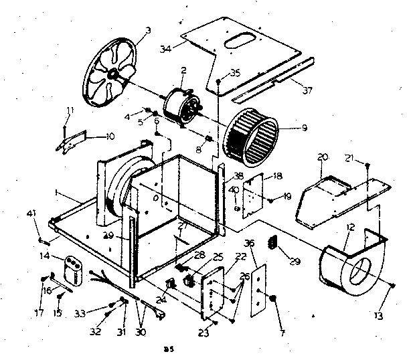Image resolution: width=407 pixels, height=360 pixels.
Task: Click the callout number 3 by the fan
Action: (x=148, y=30)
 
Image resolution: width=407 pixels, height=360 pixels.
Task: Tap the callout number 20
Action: (x=323, y=157)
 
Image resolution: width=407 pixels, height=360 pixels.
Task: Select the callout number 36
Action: (x=249, y=243)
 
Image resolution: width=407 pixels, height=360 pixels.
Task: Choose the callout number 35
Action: (x=234, y=72)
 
